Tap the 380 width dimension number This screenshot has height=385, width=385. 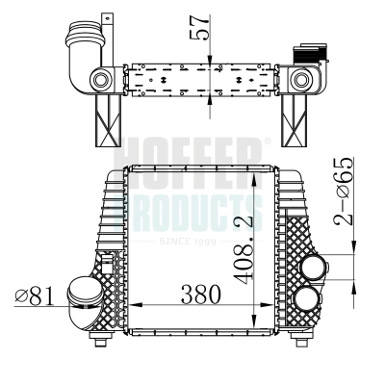201,295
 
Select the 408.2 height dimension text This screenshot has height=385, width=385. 244,246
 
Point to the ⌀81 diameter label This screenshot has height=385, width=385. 34,295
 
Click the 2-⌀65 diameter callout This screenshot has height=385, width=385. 344,191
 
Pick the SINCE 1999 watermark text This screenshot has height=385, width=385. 188,242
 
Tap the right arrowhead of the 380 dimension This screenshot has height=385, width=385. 267,305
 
